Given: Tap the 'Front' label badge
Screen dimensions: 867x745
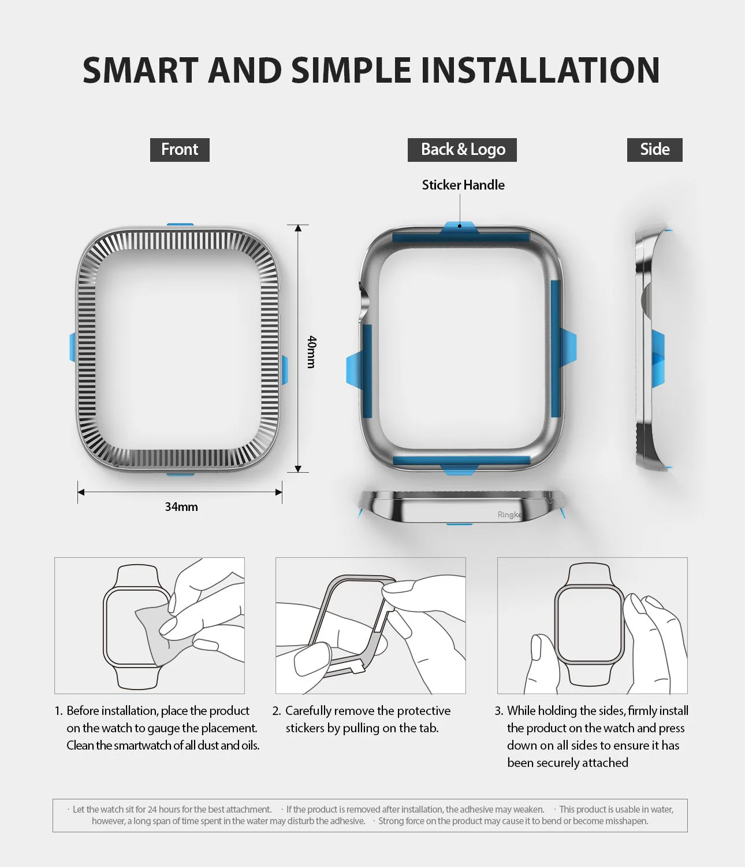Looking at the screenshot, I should [x=180, y=150].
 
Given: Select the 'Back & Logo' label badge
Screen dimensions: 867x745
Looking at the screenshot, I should [x=462, y=150].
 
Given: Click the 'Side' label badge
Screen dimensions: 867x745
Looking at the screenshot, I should [x=654, y=150].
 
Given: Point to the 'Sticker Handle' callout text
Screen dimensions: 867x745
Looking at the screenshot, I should [x=463, y=185].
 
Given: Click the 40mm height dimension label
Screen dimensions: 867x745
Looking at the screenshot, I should [x=311, y=351].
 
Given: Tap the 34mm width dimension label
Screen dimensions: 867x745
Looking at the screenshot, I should [x=181, y=507].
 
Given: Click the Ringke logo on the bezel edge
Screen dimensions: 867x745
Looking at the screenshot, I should [x=509, y=514].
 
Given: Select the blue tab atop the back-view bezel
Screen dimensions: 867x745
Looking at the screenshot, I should [x=459, y=228].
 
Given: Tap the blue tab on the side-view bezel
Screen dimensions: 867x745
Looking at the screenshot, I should [x=658, y=357].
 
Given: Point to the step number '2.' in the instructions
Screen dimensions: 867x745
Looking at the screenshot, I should [x=277, y=711].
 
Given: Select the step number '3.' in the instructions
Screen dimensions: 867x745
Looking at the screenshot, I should [x=499, y=711].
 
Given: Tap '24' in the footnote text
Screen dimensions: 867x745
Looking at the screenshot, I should [x=152, y=809].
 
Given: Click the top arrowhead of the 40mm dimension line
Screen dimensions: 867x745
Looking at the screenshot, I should [x=298, y=228].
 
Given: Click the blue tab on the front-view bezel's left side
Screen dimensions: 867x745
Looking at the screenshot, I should [x=73, y=347].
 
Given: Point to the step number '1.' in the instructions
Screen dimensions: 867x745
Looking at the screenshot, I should [x=58, y=711].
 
